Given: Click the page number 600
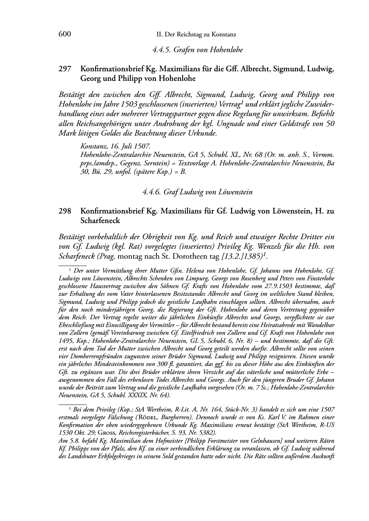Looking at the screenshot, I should coord(64,34).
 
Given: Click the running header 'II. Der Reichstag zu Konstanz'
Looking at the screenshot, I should coord(196,35).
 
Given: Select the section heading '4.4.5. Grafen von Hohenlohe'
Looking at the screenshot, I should coord(197,50).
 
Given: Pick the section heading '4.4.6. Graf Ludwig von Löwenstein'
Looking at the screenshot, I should coord(197,191).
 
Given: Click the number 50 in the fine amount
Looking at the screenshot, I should coord(330,124).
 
